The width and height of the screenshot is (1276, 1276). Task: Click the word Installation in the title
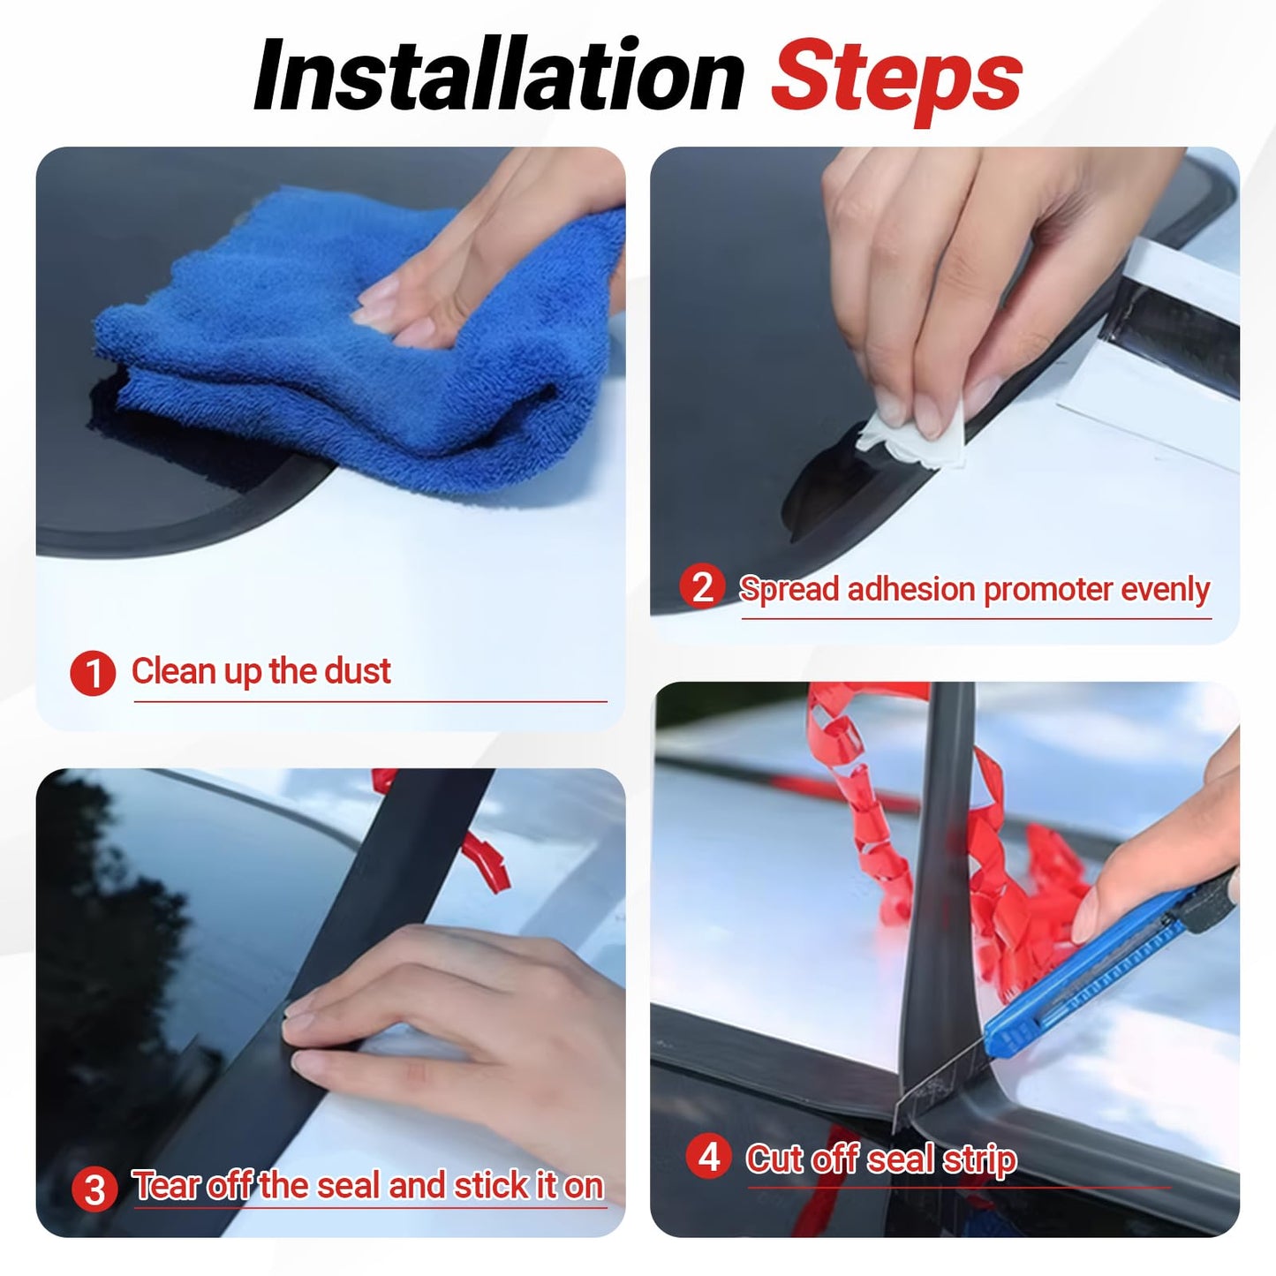499,77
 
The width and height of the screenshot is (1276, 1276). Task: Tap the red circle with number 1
93,674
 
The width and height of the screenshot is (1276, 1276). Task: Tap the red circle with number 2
702,588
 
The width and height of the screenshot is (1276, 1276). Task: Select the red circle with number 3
94,1189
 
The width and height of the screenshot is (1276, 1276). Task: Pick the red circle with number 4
708,1158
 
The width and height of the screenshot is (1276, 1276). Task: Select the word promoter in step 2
1046,589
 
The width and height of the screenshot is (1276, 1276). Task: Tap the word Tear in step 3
166,1186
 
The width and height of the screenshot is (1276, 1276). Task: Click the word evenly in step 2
1165,589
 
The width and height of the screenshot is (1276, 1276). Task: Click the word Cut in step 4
775,1159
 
